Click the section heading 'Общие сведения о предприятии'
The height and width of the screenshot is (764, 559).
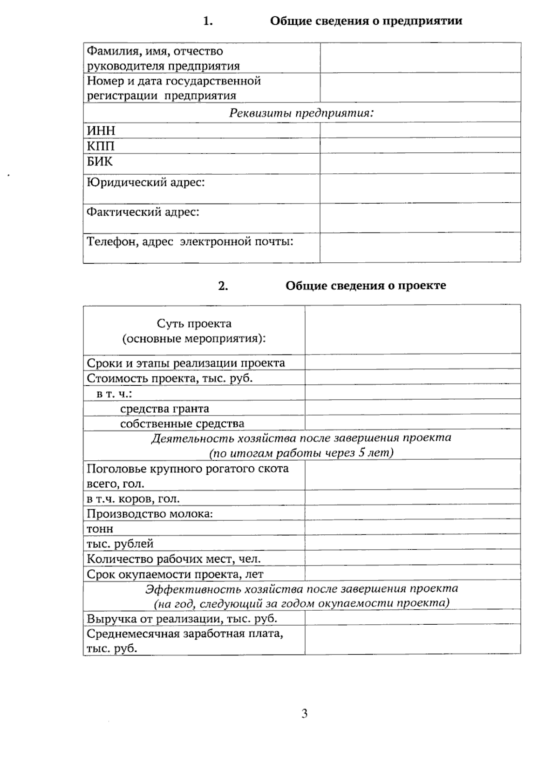pyautogui.click(x=366, y=21)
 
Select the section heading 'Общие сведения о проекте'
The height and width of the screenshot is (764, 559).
pyautogui.click(x=366, y=286)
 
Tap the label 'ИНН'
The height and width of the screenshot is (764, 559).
pyautogui.click(x=101, y=130)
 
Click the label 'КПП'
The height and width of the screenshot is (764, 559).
pyautogui.click(x=101, y=146)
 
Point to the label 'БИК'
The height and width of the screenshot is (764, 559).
pyautogui.click(x=100, y=162)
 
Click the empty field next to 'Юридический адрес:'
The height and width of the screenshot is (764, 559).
pyautogui.click(x=420, y=188)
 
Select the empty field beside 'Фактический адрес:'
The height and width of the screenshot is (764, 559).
pyautogui.click(x=420, y=218)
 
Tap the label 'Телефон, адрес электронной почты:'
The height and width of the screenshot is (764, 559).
pyautogui.click(x=190, y=242)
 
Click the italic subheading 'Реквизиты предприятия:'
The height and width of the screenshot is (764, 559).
pyautogui.click(x=302, y=113)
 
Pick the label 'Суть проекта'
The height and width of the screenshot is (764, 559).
pyautogui.click(x=194, y=323)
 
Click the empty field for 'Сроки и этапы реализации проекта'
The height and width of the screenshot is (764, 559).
pyautogui.click(x=413, y=362)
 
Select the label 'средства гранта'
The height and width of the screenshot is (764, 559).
pyautogui.click(x=164, y=409)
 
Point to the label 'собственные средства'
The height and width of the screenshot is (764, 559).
pyautogui.click(x=182, y=423)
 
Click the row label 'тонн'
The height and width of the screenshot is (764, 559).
pyautogui.click(x=100, y=529)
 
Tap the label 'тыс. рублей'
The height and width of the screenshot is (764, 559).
pyautogui.click(x=120, y=544)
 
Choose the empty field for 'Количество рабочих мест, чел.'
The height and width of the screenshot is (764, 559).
pyautogui.click(x=413, y=558)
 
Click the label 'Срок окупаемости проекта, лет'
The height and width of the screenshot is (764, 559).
pyautogui.click(x=175, y=574)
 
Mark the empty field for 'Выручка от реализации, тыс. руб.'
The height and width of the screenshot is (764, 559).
pyautogui.click(x=413, y=618)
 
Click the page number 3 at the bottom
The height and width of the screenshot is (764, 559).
pyautogui.click(x=304, y=714)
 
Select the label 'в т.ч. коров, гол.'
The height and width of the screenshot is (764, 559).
pyautogui.click(x=133, y=499)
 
